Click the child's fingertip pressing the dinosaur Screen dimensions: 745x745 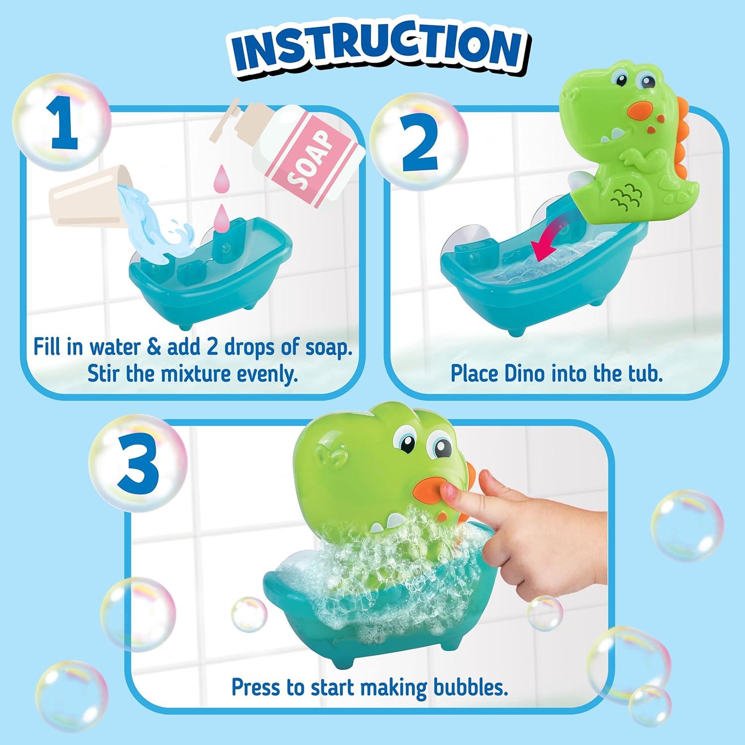click(x=449, y=492)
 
